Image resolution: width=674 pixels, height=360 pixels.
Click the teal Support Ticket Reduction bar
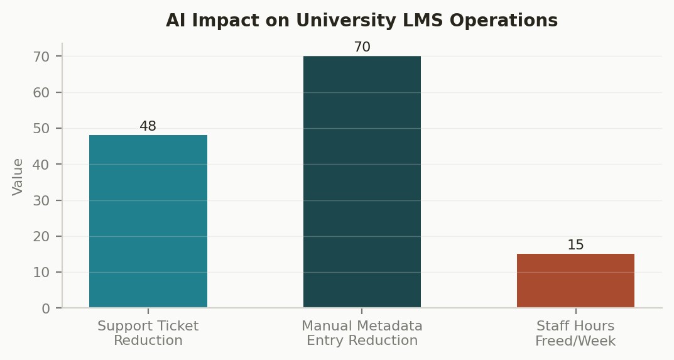point(148,221)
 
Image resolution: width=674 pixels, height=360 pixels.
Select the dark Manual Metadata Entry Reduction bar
point(362,182)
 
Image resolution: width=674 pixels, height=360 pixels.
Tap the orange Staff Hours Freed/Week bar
point(575,280)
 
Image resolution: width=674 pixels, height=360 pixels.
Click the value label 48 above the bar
point(148,126)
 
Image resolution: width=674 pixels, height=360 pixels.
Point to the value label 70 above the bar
point(362,47)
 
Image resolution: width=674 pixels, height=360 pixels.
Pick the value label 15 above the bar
point(575,245)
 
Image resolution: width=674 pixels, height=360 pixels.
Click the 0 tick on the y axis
point(46,308)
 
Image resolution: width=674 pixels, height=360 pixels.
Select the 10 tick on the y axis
point(41,272)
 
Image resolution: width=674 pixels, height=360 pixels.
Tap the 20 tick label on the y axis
point(41,236)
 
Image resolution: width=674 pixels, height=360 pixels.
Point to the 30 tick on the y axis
point(41,200)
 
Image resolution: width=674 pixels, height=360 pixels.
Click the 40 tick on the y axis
point(41,165)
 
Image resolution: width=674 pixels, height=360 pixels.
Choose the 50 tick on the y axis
point(41,128)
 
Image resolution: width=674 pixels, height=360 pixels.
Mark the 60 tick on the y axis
point(41,92)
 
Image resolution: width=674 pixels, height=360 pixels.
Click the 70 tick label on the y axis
point(41,57)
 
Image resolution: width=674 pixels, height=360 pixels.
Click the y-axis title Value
point(17,177)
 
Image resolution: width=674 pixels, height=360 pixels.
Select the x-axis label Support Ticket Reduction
point(148,333)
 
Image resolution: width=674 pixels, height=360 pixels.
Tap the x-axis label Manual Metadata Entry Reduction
point(362,333)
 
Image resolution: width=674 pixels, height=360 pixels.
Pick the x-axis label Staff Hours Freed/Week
point(575,333)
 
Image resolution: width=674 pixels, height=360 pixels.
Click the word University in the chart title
point(346,20)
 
